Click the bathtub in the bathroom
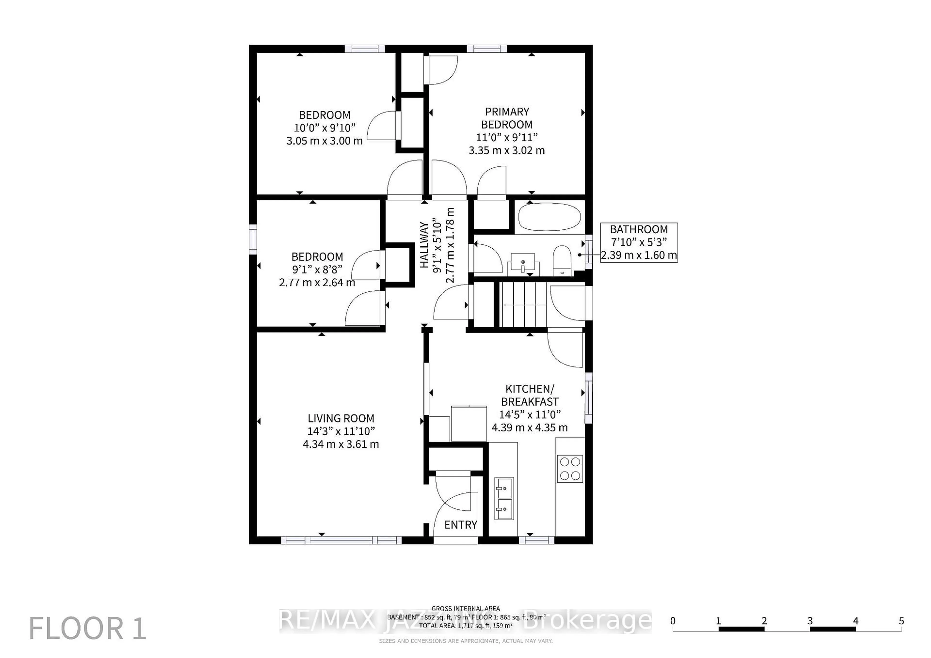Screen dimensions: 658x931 tap(549, 217)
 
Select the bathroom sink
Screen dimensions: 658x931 tap(523, 263)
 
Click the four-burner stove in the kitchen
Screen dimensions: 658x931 tap(570, 469)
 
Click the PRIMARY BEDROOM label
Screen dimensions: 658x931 tap(507, 118)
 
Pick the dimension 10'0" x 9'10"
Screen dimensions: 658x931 tap(324, 128)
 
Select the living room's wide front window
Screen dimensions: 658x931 tap(341, 540)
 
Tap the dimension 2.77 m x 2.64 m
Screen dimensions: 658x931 tap(317, 282)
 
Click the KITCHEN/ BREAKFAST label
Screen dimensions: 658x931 tap(530, 395)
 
